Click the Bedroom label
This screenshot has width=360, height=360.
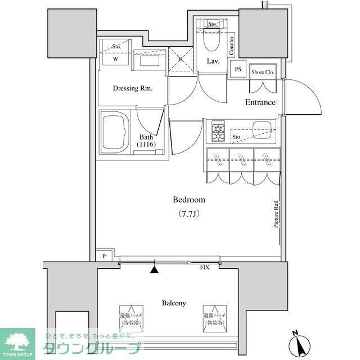click(188, 200)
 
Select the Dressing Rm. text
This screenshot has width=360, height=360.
click(133, 88)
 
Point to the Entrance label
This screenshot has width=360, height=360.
click(260, 102)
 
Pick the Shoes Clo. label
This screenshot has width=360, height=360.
click(263, 71)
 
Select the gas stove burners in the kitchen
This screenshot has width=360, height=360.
click(217, 133)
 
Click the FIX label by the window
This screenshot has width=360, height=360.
click(205, 268)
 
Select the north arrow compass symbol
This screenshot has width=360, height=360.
click(298, 341)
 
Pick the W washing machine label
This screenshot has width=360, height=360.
click(115, 58)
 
